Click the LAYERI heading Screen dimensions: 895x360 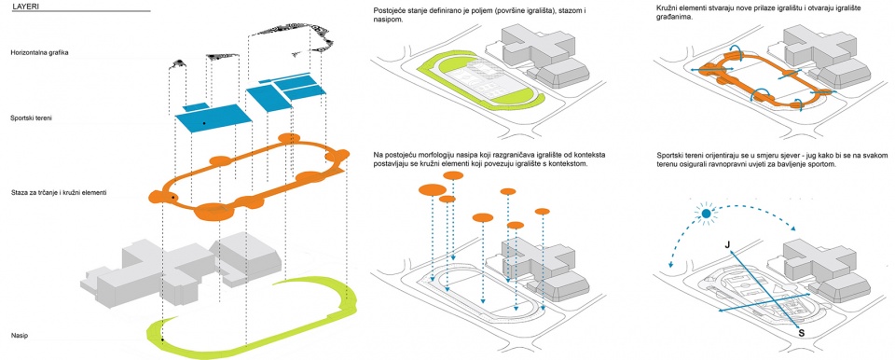(22, 6)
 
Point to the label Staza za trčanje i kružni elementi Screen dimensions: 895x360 (58, 194)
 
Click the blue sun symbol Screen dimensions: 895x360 (706, 214)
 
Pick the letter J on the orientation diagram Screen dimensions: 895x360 (727, 245)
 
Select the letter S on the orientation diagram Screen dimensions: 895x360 (801, 333)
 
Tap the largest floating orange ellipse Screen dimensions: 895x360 (432, 189)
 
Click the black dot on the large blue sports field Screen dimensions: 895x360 (204, 123)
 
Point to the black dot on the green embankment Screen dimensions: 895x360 (162, 340)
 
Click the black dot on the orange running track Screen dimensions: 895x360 (172, 198)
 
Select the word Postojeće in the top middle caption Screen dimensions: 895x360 (388, 11)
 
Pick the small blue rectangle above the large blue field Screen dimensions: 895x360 (196, 107)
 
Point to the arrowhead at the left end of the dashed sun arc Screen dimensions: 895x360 (669, 265)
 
